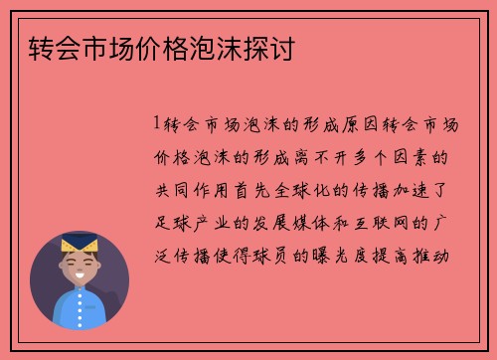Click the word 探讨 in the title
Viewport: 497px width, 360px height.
tap(273, 48)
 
